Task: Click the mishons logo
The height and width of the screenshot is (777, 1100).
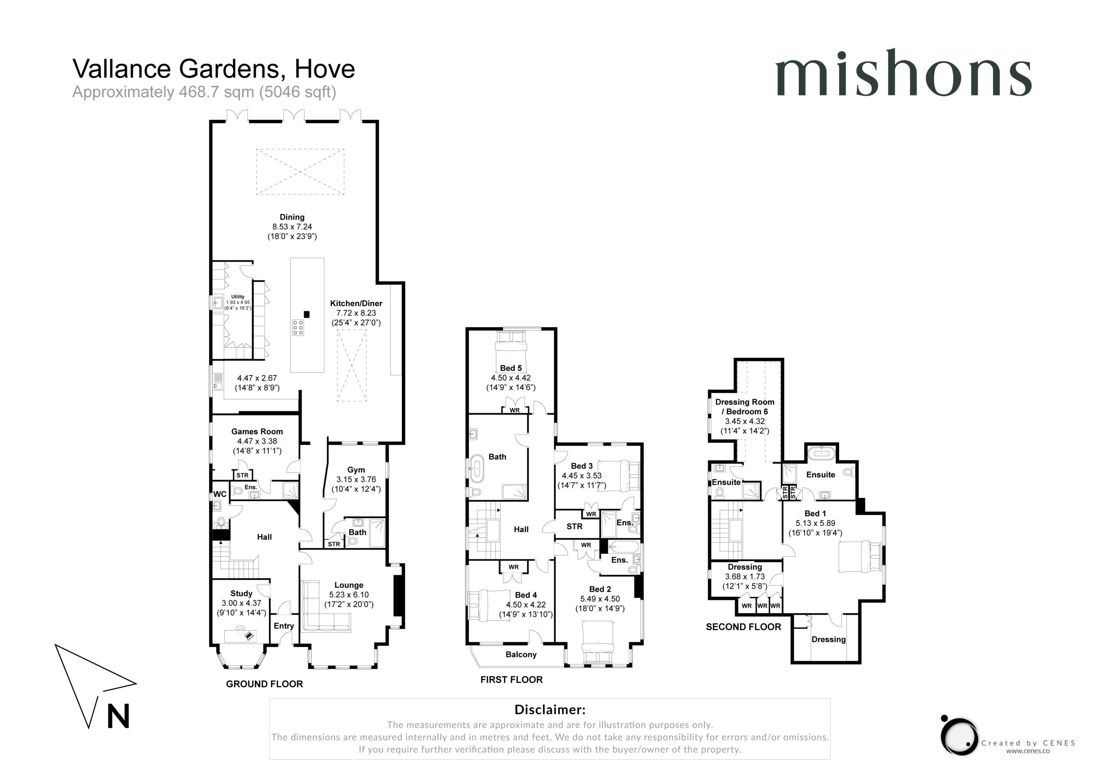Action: (x=903, y=73)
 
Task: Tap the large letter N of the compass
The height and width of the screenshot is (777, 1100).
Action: (x=118, y=716)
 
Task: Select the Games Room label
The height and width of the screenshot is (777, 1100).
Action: (x=257, y=431)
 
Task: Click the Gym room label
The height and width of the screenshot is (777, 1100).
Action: (x=356, y=470)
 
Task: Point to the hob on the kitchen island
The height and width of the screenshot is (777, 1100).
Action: (x=298, y=328)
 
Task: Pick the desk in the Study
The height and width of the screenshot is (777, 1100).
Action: (x=241, y=636)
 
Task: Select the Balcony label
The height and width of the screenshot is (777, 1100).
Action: (x=521, y=655)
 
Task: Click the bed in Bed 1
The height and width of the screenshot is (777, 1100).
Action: (x=860, y=556)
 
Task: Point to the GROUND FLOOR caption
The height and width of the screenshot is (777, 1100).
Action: (x=264, y=684)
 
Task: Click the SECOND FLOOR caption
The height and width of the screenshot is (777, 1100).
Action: (x=743, y=627)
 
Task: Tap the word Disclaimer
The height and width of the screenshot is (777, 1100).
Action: (x=550, y=710)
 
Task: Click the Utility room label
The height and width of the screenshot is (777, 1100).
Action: (x=238, y=297)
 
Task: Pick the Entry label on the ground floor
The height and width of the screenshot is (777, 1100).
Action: (x=284, y=626)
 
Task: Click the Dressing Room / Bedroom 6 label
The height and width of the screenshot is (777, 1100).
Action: (x=745, y=407)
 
